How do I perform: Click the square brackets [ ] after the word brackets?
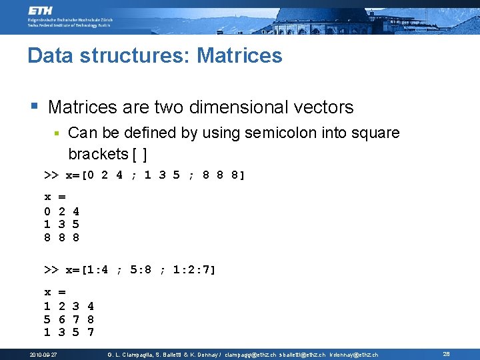click(x=140, y=154)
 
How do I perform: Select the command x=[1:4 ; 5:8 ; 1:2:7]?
click(x=140, y=270)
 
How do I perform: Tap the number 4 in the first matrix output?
click(x=75, y=211)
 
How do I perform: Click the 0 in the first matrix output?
click(x=47, y=211)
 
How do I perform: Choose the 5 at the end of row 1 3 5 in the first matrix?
click(x=75, y=224)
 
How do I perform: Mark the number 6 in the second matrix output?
click(x=61, y=319)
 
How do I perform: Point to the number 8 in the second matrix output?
click(x=90, y=319)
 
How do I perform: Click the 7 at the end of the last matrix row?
click(x=90, y=332)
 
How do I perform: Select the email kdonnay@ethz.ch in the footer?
click(x=353, y=355)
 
